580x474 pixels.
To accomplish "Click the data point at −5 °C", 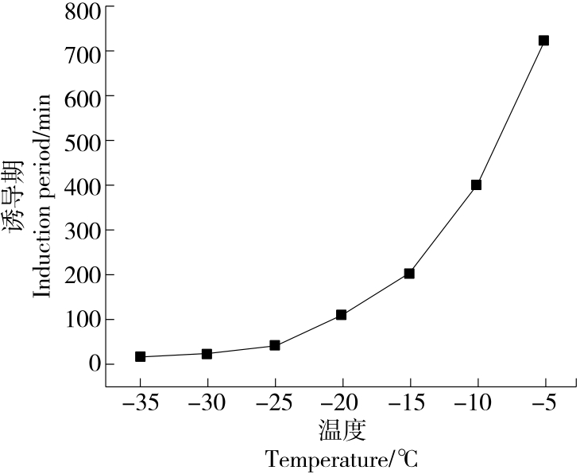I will click(x=543, y=41).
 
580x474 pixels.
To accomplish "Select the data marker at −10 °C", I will click(x=476, y=185).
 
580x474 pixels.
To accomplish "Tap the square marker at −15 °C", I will click(x=409, y=273).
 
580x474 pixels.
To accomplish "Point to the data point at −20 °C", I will click(x=342, y=315).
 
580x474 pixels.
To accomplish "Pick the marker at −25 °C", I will click(x=275, y=345).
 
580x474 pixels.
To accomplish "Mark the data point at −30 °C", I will click(x=207, y=353).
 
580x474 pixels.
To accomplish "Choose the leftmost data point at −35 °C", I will click(x=141, y=356).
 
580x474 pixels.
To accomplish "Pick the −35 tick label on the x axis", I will click(x=140, y=406).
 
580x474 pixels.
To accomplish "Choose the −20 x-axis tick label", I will click(x=341, y=406).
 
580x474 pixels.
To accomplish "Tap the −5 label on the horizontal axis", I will click(x=543, y=406).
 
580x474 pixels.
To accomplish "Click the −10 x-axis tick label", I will click(x=475, y=406).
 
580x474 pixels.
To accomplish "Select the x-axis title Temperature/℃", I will click(x=342, y=459).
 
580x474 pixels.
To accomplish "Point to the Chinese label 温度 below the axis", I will click(x=342, y=431).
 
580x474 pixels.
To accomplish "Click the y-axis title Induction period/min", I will click(x=41, y=196).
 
